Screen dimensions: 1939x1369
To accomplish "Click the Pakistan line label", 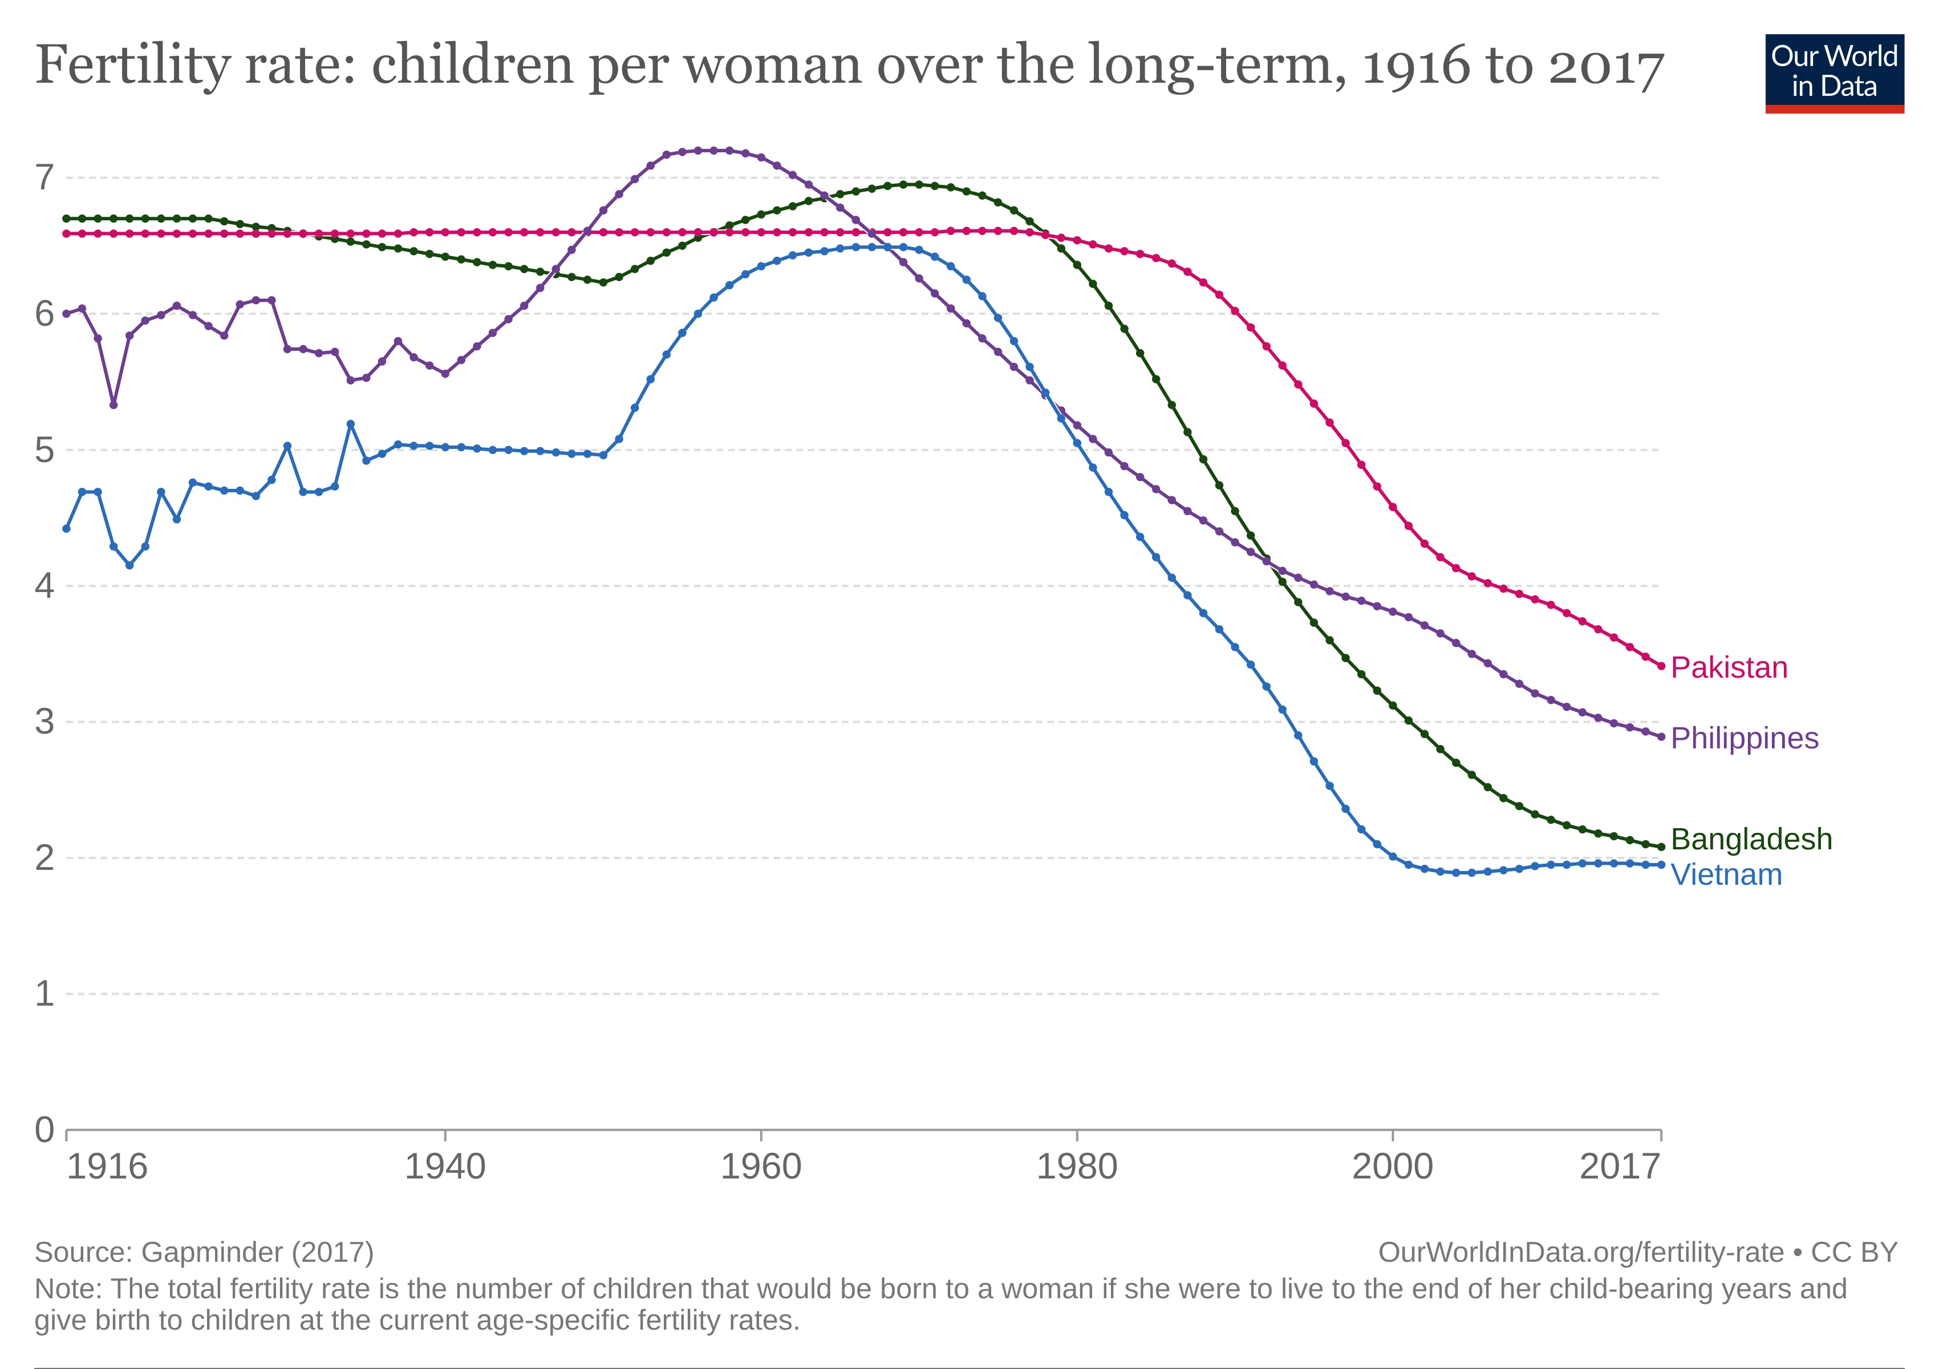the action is coord(1729,667).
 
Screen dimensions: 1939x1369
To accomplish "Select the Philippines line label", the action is coord(1744,738).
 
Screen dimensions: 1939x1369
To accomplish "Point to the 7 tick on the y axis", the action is coord(44,177).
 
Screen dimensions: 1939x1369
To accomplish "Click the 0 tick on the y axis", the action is coord(44,1129).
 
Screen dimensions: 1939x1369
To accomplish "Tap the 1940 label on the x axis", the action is coord(445,1167).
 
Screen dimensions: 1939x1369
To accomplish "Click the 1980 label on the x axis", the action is coord(1077,1167).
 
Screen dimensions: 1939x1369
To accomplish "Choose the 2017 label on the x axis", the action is coord(1620,1167).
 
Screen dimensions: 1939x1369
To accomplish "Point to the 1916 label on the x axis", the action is coord(107,1167).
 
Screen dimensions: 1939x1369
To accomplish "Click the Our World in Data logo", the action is coord(1834,74).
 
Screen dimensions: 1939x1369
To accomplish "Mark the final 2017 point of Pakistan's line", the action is coord(1661,666).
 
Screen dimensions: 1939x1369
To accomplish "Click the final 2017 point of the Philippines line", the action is coord(1661,736).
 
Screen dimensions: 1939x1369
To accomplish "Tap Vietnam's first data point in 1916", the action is coord(67,529).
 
